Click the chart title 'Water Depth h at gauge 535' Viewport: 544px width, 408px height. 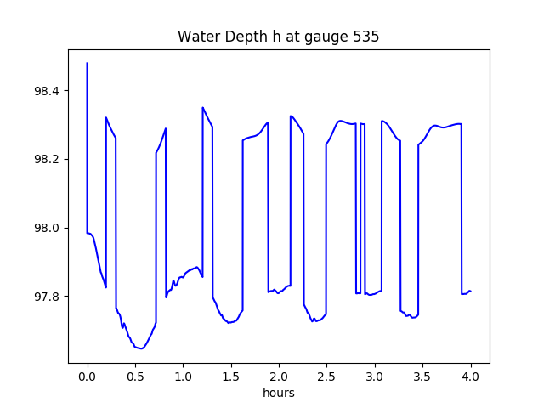click(x=278, y=37)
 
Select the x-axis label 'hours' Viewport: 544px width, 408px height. click(x=278, y=394)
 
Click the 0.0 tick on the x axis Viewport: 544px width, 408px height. click(x=88, y=377)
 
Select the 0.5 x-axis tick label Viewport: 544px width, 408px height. click(x=135, y=377)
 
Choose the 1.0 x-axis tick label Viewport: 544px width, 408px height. click(x=184, y=377)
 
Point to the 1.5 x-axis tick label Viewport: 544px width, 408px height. click(x=231, y=377)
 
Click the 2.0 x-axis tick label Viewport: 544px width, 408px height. click(x=279, y=377)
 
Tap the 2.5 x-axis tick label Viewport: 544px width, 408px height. click(x=327, y=377)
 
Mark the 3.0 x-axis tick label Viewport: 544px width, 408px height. click(x=375, y=377)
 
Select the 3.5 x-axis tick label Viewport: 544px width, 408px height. click(x=422, y=377)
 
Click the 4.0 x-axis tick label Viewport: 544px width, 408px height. click(x=471, y=377)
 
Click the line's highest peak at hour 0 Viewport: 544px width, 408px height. click(x=88, y=63)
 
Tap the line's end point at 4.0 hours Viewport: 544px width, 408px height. click(x=470, y=291)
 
